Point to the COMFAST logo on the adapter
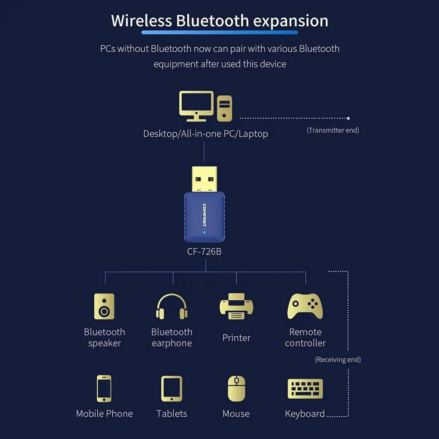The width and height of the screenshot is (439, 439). [204, 215]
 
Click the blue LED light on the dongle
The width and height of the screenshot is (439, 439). [204, 233]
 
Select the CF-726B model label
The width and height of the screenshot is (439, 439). [204, 252]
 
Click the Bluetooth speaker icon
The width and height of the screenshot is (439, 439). [104, 306]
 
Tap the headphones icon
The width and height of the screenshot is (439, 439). [171, 306]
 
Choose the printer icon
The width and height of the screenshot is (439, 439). [236, 307]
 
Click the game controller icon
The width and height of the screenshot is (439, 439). [305, 306]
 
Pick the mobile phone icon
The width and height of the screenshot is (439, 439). [104, 388]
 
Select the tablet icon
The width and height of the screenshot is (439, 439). [171, 388]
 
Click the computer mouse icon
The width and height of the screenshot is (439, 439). [236, 388]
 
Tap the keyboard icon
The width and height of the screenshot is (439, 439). [305, 389]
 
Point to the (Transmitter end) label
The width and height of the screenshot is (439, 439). [333, 130]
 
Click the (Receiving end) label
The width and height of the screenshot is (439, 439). [338, 360]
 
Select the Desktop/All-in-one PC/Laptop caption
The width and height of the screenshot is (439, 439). [205, 134]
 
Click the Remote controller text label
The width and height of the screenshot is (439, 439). [305, 338]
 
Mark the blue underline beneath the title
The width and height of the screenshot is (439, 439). [219, 32]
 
